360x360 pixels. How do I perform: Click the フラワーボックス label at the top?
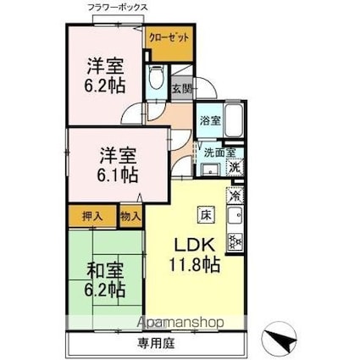[117, 8]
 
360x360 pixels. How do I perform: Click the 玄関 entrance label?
[180, 87]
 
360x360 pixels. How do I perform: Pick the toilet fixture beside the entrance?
[157, 83]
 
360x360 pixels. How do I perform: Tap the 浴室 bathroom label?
[210, 120]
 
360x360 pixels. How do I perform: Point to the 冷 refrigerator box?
[235, 194]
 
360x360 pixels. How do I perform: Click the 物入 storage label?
[130, 217]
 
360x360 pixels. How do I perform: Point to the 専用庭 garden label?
[157, 345]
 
